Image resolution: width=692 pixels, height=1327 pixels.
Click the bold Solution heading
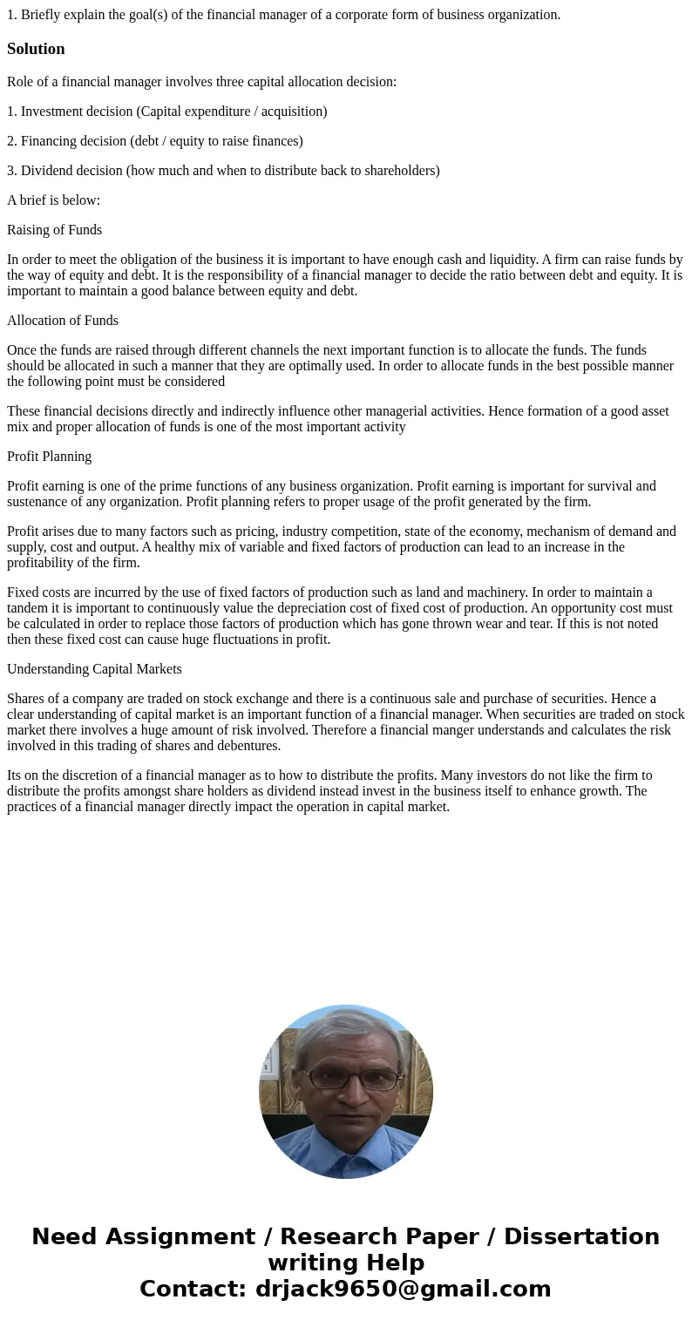pos(36,49)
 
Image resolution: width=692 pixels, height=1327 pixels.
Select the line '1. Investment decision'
pos(166,112)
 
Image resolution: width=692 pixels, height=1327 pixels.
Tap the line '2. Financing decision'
pos(154,141)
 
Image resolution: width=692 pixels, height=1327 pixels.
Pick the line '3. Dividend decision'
pos(222,171)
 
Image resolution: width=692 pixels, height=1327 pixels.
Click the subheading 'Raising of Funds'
pos(54,230)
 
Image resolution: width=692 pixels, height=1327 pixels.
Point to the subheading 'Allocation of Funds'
pos(63,321)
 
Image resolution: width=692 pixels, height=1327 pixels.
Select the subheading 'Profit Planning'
pos(49,457)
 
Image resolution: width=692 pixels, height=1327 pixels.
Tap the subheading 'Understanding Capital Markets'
pos(94,669)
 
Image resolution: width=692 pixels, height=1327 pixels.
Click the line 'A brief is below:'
pos(53,200)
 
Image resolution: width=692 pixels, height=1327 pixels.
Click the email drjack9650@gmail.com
pos(403,1289)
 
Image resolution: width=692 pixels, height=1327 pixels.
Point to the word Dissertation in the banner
pos(581,1236)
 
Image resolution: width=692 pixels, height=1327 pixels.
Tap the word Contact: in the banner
pos(193,1289)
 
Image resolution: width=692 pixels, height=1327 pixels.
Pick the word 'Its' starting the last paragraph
pos(16,775)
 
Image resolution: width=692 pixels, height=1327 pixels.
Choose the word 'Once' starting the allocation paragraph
pos(23,350)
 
